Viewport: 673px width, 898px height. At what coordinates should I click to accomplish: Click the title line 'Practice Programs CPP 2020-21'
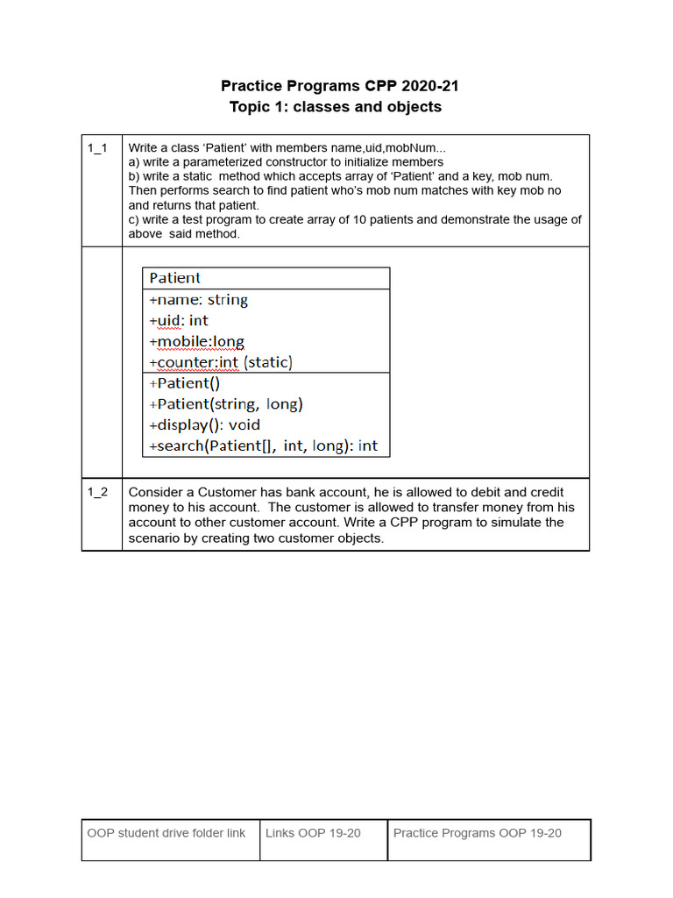[339, 86]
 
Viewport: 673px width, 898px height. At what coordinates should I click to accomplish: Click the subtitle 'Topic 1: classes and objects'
[336, 107]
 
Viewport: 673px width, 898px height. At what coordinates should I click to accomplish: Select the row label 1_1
[97, 148]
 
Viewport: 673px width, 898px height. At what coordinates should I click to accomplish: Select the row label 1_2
[97, 492]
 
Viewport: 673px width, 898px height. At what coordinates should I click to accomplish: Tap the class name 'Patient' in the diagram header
[174, 278]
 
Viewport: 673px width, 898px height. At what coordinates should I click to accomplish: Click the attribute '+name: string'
[199, 300]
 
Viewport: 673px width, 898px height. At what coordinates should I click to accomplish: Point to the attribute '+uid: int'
[179, 321]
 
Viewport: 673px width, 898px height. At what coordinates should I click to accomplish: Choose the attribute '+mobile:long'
[197, 341]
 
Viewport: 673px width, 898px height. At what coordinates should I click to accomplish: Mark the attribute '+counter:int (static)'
[221, 362]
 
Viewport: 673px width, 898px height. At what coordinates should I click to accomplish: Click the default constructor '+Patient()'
[185, 383]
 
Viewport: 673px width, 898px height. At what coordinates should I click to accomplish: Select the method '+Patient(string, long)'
[226, 404]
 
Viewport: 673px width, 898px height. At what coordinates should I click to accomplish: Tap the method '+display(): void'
[205, 425]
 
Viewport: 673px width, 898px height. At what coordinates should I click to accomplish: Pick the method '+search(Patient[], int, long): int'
[263, 445]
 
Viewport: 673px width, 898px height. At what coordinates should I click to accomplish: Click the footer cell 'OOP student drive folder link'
[166, 833]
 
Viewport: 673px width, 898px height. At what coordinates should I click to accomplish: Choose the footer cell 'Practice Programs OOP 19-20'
[478, 833]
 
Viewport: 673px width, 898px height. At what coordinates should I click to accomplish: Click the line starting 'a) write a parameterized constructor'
[286, 162]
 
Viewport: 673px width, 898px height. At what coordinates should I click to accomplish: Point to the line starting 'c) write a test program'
[354, 219]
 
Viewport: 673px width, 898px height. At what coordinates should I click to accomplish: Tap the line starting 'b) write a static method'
[340, 176]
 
